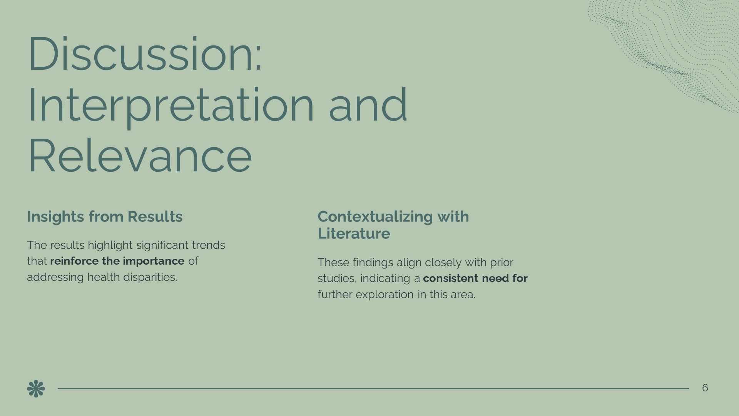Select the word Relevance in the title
[x=140, y=156]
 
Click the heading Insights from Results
[x=105, y=216]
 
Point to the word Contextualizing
[x=375, y=217]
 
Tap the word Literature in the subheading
[x=354, y=233]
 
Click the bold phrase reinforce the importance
[x=117, y=261]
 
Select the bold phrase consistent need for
[x=475, y=278]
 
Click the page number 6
[x=705, y=388]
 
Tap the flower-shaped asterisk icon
[x=36, y=389]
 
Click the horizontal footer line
[x=373, y=389]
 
